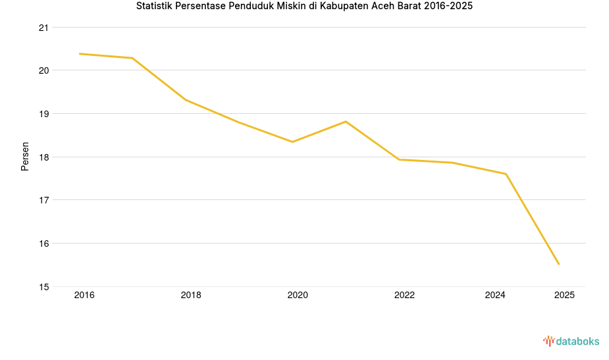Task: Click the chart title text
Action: point(304,7)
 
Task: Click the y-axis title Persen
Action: point(25,156)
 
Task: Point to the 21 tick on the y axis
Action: point(44,28)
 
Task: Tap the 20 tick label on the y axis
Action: point(44,70)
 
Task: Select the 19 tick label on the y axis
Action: point(44,114)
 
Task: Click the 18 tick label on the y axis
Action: point(44,157)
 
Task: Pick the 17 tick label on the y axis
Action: point(44,200)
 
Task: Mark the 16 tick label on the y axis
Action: point(44,244)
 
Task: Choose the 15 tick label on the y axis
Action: point(44,287)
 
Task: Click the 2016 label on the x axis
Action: point(84,296)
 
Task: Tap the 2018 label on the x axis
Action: point(191,296)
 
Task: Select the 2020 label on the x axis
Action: point(298,296)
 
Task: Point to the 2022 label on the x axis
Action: point(404,296)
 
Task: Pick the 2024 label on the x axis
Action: point(495,296)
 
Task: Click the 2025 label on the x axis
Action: point(564,296)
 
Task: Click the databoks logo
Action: point(571,341)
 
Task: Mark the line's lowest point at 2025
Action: point(559,265)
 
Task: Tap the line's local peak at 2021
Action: point(346,122)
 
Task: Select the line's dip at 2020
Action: point(292,141)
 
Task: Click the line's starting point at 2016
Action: point(80,54)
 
